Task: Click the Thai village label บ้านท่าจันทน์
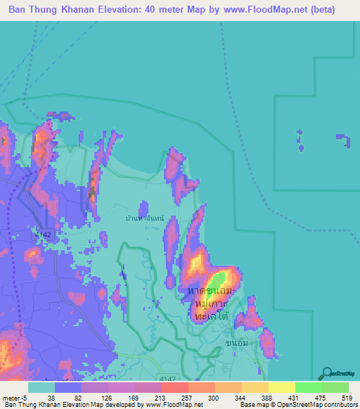(x=144, y=219)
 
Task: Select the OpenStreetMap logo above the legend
(x=337, y=374)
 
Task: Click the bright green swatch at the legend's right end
(x=335, y=387)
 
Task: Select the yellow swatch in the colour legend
(x=281, y=387)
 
